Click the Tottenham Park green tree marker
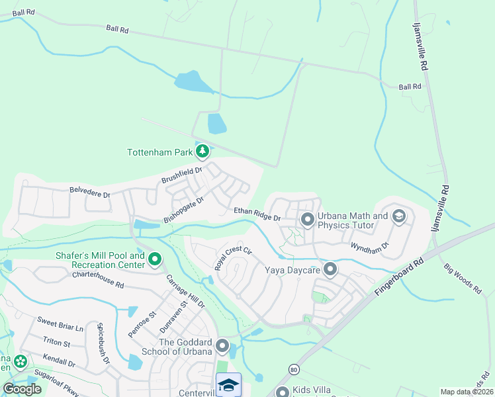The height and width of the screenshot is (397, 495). pyautogui.click(x=202, y=152)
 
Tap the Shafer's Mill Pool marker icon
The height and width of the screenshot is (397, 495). pyautogui.click(x=154, y=259)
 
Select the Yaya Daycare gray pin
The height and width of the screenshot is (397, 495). pyautogui.click(x=330, y=269)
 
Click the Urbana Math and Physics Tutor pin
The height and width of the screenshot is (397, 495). pyautogui.click(x=307, y=219)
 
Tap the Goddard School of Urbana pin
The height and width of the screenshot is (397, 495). pyautogui.click(x=223, y=346)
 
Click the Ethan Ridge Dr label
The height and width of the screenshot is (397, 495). pyautogui.click(x=257, y=214)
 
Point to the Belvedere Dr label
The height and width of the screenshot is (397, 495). pyautogui.click(x=89, y=193)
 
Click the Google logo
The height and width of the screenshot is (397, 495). pyautogui.click(x=22, y=389)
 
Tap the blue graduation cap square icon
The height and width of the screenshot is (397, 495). pyautogui.click(x=228, y=385)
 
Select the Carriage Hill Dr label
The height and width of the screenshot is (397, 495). pyautogui.click(x=185, y=292)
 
